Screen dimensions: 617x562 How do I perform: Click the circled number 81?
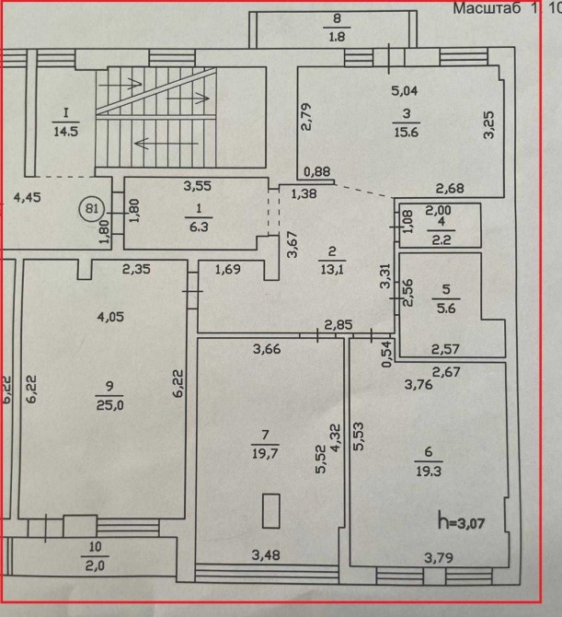tap(91, 208)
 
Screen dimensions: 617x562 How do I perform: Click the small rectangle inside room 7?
tap(270, 511)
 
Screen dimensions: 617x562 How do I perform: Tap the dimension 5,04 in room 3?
tap(405, 90)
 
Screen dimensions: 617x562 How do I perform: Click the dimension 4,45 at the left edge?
tap(27, 195)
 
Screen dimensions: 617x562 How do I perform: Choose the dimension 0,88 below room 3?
tap(316, 170)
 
